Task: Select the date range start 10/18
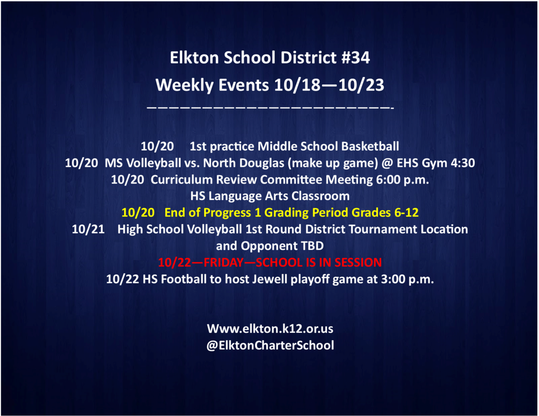pyautogui.click(x=297, y=85)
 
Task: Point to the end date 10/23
pyautogui.click(x=361, y=85)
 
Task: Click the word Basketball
pyautogui.click(x=370, y=146)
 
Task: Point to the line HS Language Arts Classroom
pyautogui.click(x=270, y=196)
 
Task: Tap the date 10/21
pyautogui.click(x=88, y=229)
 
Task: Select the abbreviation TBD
pyautogui.click(x=313, y=246)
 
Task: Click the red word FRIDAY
pyautogui.click(x=223, y=262)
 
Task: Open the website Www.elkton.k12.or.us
pyautogui.click(x=270, y=329)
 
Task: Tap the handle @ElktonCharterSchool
pyautogui.click(x=270, y=345)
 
